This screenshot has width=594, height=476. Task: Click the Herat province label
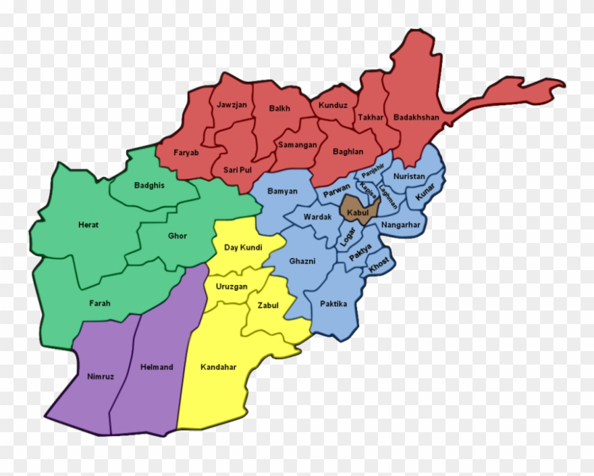[88, 225]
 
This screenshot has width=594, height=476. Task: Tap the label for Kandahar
[218, 367]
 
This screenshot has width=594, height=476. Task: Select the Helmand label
[157, 367]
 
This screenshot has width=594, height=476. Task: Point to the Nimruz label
[101, 376]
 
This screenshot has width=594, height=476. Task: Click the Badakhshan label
[416, 117]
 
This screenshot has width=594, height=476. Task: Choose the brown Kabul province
[357, 212]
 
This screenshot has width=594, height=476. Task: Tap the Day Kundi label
[243, 248]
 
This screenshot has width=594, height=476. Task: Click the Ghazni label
[302, 261]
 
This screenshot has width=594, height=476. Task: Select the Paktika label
[333, 304]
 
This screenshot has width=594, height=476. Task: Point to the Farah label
[99, 303]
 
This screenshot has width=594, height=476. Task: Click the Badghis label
[149, 185]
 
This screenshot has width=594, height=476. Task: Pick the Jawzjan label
[232, 105]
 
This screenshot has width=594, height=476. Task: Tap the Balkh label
[279, 108]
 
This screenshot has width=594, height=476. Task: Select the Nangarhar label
[400, 225]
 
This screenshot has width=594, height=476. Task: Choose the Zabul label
[268, 305]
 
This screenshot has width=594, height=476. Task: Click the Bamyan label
[282, 191]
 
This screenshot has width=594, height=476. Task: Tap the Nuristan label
[409, 176]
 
